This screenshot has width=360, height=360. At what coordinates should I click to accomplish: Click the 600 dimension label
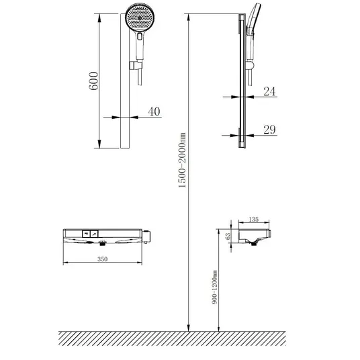pos(93,81)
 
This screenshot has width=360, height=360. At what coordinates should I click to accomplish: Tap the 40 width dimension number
pos(154,111)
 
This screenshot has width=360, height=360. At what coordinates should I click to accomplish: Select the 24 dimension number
pos(269,91)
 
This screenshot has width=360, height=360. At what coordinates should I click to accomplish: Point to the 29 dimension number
pos(269,130)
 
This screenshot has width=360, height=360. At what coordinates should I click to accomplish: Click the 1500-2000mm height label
pos(182,160)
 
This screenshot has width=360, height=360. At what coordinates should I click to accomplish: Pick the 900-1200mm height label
pos(214,287)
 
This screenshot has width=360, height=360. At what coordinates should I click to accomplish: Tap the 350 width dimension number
pos(102,259)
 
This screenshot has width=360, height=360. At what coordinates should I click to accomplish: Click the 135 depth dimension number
pos(254,219)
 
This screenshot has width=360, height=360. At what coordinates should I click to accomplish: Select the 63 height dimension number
pos(228,236)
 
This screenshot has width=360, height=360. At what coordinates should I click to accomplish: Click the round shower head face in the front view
pos(140,18)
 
